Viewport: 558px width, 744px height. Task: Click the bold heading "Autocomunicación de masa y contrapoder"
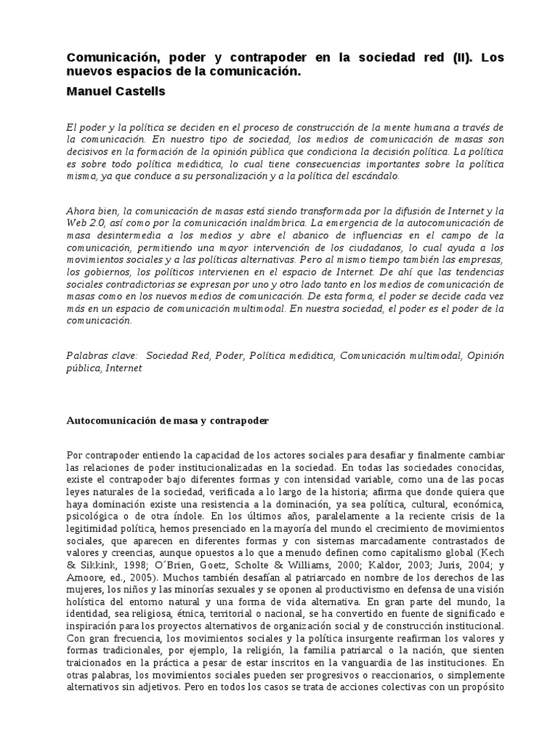pyautogui.click(x=167, y=420)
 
